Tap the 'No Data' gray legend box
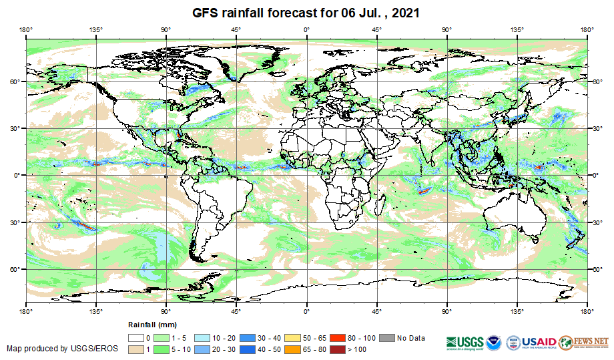[388, 338]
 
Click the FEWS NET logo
[584, 341]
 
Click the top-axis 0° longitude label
[306, 29]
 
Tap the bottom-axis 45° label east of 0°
[376, 311]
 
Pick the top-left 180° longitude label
[26, 29]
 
